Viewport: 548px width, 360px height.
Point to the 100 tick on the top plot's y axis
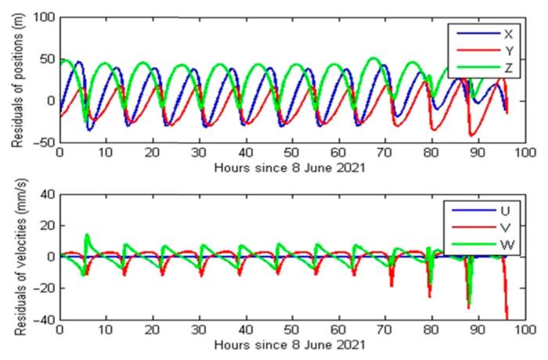pos(43,16)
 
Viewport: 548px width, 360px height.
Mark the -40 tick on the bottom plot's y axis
pos(44,320)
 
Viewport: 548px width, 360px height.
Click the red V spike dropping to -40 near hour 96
pos(507,316)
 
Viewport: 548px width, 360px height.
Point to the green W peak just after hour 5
pos(87,234)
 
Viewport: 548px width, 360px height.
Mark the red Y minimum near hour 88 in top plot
pos(471,135)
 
